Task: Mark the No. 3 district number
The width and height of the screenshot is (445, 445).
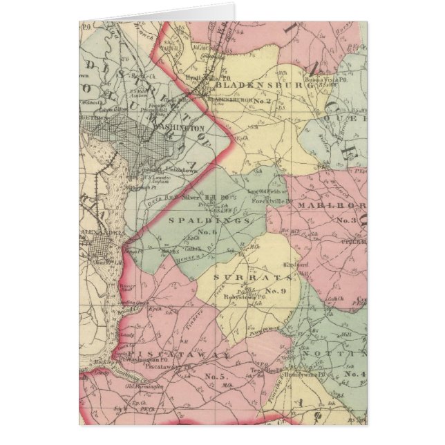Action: pos(344,221)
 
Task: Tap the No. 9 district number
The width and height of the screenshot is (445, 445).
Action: pos(274,290)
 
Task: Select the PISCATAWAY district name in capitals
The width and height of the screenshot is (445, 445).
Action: pos(182,354)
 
